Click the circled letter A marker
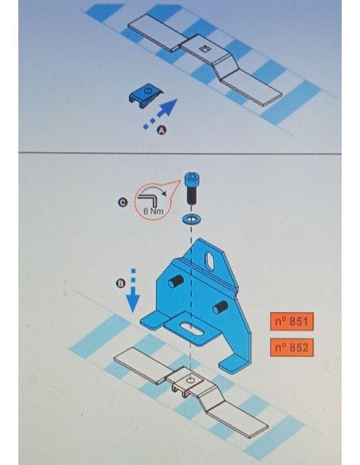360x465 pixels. (x=162, y=131)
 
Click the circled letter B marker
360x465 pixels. (x=120, y=283)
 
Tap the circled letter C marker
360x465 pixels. (x=122, y=202)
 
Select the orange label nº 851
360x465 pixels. (x=292, y=321)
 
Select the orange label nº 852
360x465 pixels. (x=292, y=347)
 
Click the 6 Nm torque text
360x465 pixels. (x=153, y=211)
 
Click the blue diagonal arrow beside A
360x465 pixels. (x=160, y=114)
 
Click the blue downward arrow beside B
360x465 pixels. (x=133, y=290)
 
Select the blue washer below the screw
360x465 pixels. (x=191, y=220)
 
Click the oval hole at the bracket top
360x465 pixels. (x=210, y=261)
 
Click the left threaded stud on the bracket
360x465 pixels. (x=175, y=281)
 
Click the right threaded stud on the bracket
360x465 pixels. (x=221, y=307)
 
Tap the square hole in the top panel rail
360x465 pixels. (x=205, y=49)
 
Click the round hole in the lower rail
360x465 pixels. (x=191, y=380)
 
